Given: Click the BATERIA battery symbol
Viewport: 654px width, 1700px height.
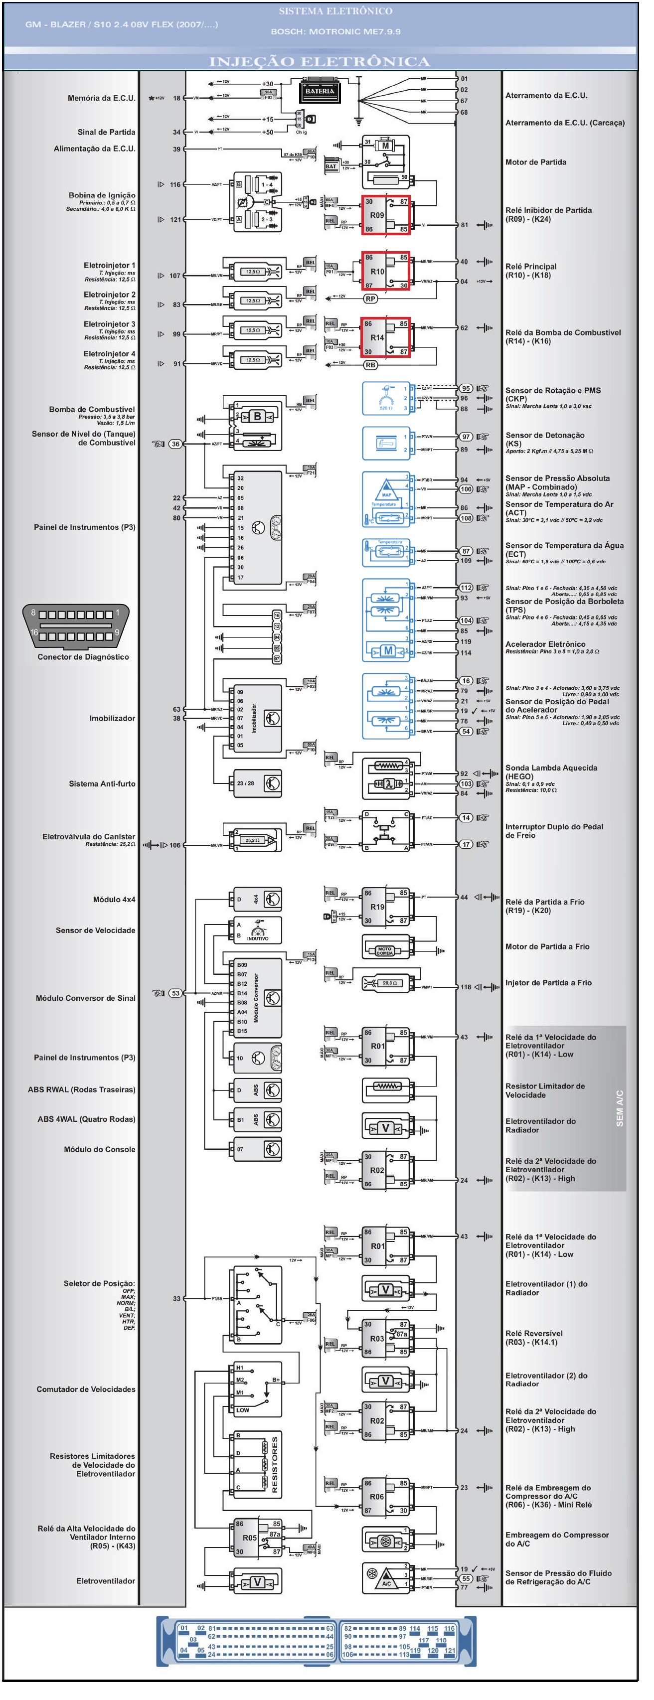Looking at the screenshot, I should point(320,91).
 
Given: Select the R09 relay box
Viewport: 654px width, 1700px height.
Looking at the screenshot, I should point(385,215).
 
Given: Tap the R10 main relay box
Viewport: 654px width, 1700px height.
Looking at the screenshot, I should point(385,271).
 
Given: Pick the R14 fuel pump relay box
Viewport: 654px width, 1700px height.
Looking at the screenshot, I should point(385,337).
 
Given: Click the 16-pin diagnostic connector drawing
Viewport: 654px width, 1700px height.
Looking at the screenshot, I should point(76,624).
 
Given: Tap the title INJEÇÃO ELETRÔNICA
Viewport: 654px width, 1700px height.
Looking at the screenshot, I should point(320,61).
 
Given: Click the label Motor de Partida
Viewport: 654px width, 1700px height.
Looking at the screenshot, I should point(535,162).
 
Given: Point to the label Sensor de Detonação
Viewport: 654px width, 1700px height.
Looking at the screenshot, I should point(544,436).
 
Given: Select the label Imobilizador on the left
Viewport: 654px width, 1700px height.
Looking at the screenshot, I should point(112,718).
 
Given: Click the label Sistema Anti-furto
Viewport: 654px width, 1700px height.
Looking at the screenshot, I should point(102,784).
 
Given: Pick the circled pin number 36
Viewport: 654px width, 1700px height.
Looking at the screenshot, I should point(175,444).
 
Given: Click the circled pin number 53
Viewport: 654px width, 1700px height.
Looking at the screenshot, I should point(175,993).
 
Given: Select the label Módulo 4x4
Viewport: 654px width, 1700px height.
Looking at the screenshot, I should point(114,900).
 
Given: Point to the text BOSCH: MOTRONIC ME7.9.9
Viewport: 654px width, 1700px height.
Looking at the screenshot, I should point(335,32).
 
